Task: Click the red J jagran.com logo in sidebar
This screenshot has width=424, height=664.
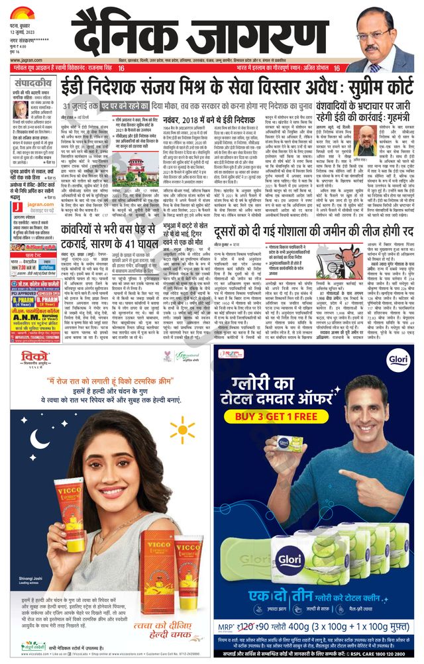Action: [16, 207]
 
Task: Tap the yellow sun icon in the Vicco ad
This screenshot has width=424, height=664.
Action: [182, 432]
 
